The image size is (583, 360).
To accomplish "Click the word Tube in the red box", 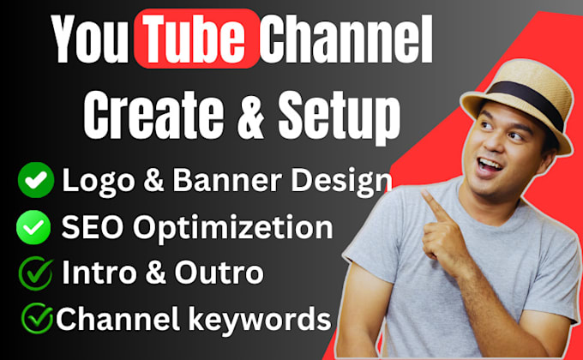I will [196, 39].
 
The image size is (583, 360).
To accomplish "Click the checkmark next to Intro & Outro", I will [35, 274].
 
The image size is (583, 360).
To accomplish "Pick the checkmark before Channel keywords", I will [38, 320].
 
